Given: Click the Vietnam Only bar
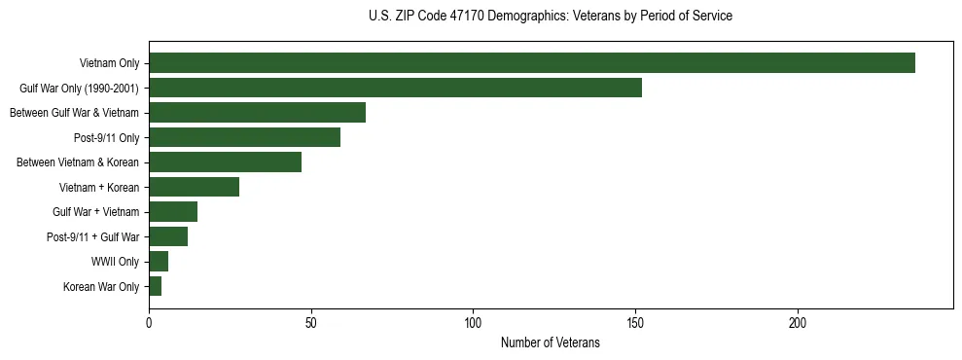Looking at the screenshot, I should [532, 63].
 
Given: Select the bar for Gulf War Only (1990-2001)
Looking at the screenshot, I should [395, 88].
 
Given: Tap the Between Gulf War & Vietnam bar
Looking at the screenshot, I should [257, 113].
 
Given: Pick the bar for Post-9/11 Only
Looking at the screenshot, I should [244, 137].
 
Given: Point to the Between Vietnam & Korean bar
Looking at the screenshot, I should [225, 162].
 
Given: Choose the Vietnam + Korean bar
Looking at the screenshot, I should [194, 187].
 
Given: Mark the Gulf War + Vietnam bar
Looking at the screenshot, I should [173, 211].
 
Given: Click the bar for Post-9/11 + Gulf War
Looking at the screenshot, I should [168, 236].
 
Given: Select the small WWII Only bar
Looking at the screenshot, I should [159, 261].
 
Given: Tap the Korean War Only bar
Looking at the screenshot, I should [156, 286].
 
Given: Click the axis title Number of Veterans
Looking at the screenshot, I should [550, 342].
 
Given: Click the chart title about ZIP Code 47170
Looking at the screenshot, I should [551, 17].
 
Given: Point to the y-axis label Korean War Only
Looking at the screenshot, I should [101, 286].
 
